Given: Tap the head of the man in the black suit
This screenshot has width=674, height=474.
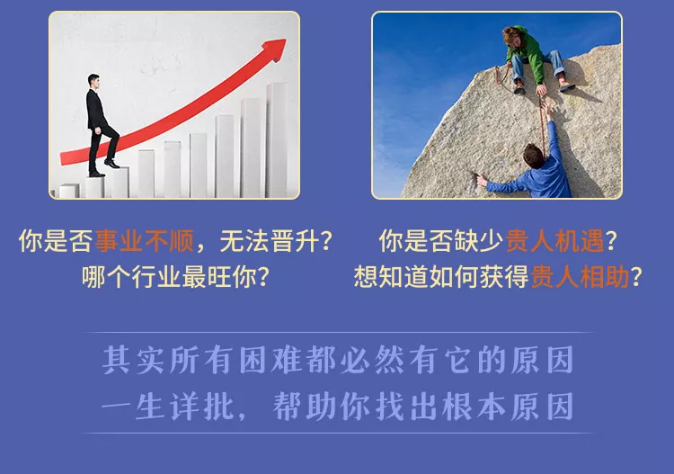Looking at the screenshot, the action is [x=93, y=81].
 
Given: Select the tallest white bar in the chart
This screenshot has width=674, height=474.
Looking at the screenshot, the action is [x=278, y=140].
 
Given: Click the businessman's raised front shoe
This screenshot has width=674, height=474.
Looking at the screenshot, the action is [x=111, y=164].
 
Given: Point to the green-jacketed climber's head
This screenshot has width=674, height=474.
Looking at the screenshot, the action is [x=511, y=36].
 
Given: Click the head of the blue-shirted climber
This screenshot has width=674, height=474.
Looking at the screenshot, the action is [x=534, y=156].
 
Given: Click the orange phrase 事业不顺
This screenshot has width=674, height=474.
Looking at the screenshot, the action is [x=145, y=240].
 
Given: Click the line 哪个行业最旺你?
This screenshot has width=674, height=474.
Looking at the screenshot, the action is [x=176, y=276].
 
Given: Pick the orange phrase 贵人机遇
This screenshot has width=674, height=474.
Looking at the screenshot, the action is [x=555, y=240].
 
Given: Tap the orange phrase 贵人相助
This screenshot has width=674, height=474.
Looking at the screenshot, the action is [x=580, y=276].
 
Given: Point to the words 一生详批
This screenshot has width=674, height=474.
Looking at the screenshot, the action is [x=168, y=406].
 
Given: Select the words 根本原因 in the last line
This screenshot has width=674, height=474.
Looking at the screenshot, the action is [x=508, y=406].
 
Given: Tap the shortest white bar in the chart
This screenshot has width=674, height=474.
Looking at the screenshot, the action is [x=69, y=191].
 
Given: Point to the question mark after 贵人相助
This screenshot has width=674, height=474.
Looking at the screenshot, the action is [x=636, y=276].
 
